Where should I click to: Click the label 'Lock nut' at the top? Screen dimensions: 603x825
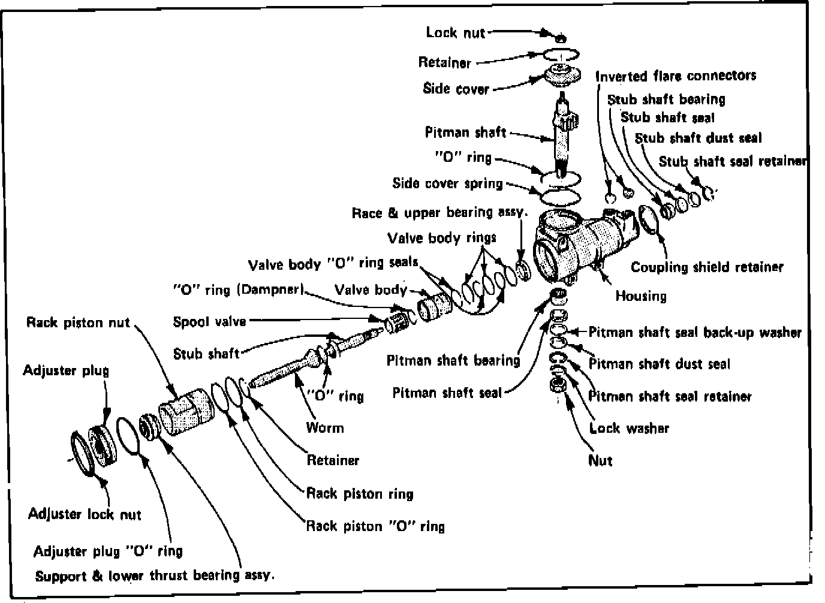[x=455, y=32]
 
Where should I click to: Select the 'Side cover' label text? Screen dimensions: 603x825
[x=456, y=89]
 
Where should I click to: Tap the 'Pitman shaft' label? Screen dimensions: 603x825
[x=465, y=132]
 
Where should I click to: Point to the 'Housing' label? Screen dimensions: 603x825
[x=640, y=296]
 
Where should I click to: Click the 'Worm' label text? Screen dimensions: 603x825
[x=325, y=427]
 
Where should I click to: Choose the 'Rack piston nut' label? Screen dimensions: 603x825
[x=78, y=322]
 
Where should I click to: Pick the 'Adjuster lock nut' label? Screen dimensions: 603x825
[x=85, y=514]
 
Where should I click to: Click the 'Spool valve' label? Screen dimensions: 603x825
[x=209, y=322]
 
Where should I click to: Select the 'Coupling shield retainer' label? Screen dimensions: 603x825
[x=707, y=267]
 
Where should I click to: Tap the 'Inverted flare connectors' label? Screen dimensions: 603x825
[x=676, y=76]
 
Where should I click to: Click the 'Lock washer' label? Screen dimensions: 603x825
[x=629, y=428]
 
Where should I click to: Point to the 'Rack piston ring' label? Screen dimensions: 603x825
[x=360, y=494]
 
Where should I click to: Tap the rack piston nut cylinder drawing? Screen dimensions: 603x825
[x=182, y=413]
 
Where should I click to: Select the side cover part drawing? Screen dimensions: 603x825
[x=563, y=77]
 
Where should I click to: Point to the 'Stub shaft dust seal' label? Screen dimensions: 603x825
[x=698, y=138]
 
